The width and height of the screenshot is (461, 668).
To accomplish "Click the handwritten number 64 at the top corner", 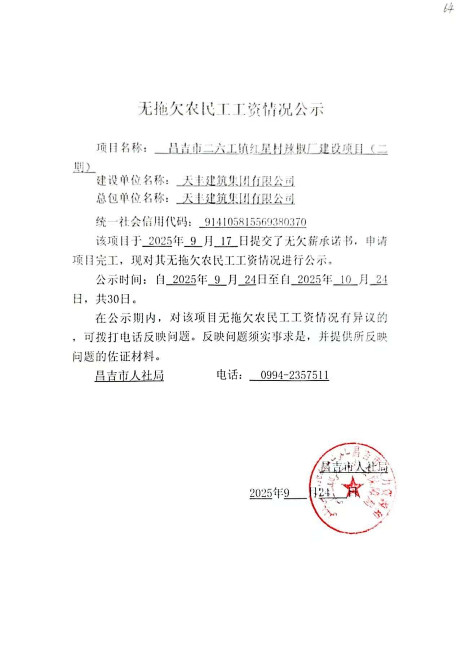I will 448,8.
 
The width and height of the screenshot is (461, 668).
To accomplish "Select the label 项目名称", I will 119,148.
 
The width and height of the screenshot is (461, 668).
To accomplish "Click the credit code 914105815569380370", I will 255,222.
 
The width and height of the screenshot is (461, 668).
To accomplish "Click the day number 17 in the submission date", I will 226,241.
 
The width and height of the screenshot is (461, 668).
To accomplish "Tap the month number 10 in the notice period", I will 345,279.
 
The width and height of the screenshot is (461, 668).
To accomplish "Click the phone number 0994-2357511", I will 294,376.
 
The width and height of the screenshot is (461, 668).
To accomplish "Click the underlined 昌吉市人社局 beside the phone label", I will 129,376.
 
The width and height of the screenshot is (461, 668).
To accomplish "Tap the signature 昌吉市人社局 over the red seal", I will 354,467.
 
